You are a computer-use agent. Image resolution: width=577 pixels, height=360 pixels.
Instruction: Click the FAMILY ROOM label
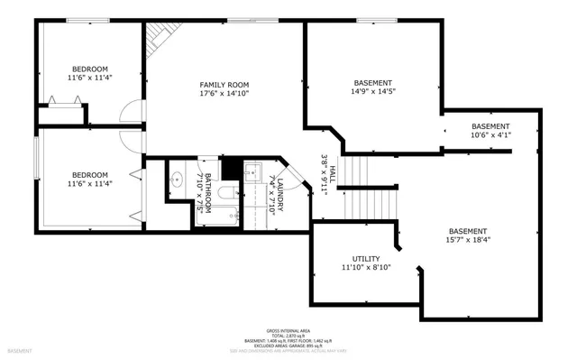tap(224, 84)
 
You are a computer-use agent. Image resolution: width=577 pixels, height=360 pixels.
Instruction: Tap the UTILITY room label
tap(360, 259)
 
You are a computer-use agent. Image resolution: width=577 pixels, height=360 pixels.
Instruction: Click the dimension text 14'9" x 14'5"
tap(372, 90)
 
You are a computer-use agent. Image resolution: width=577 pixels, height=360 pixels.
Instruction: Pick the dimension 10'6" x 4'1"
tap(490, 136)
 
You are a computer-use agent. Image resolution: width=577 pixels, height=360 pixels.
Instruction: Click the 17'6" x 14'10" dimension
tap(224, 93)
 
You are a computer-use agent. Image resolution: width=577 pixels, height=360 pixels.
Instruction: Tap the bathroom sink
tap(178, 177)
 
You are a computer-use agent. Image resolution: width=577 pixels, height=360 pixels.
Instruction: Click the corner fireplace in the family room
tap(160, 37)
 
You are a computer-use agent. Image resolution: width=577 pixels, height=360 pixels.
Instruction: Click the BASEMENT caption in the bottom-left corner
tap(20, 350)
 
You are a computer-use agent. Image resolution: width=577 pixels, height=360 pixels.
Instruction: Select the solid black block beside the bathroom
tap(232, 168)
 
